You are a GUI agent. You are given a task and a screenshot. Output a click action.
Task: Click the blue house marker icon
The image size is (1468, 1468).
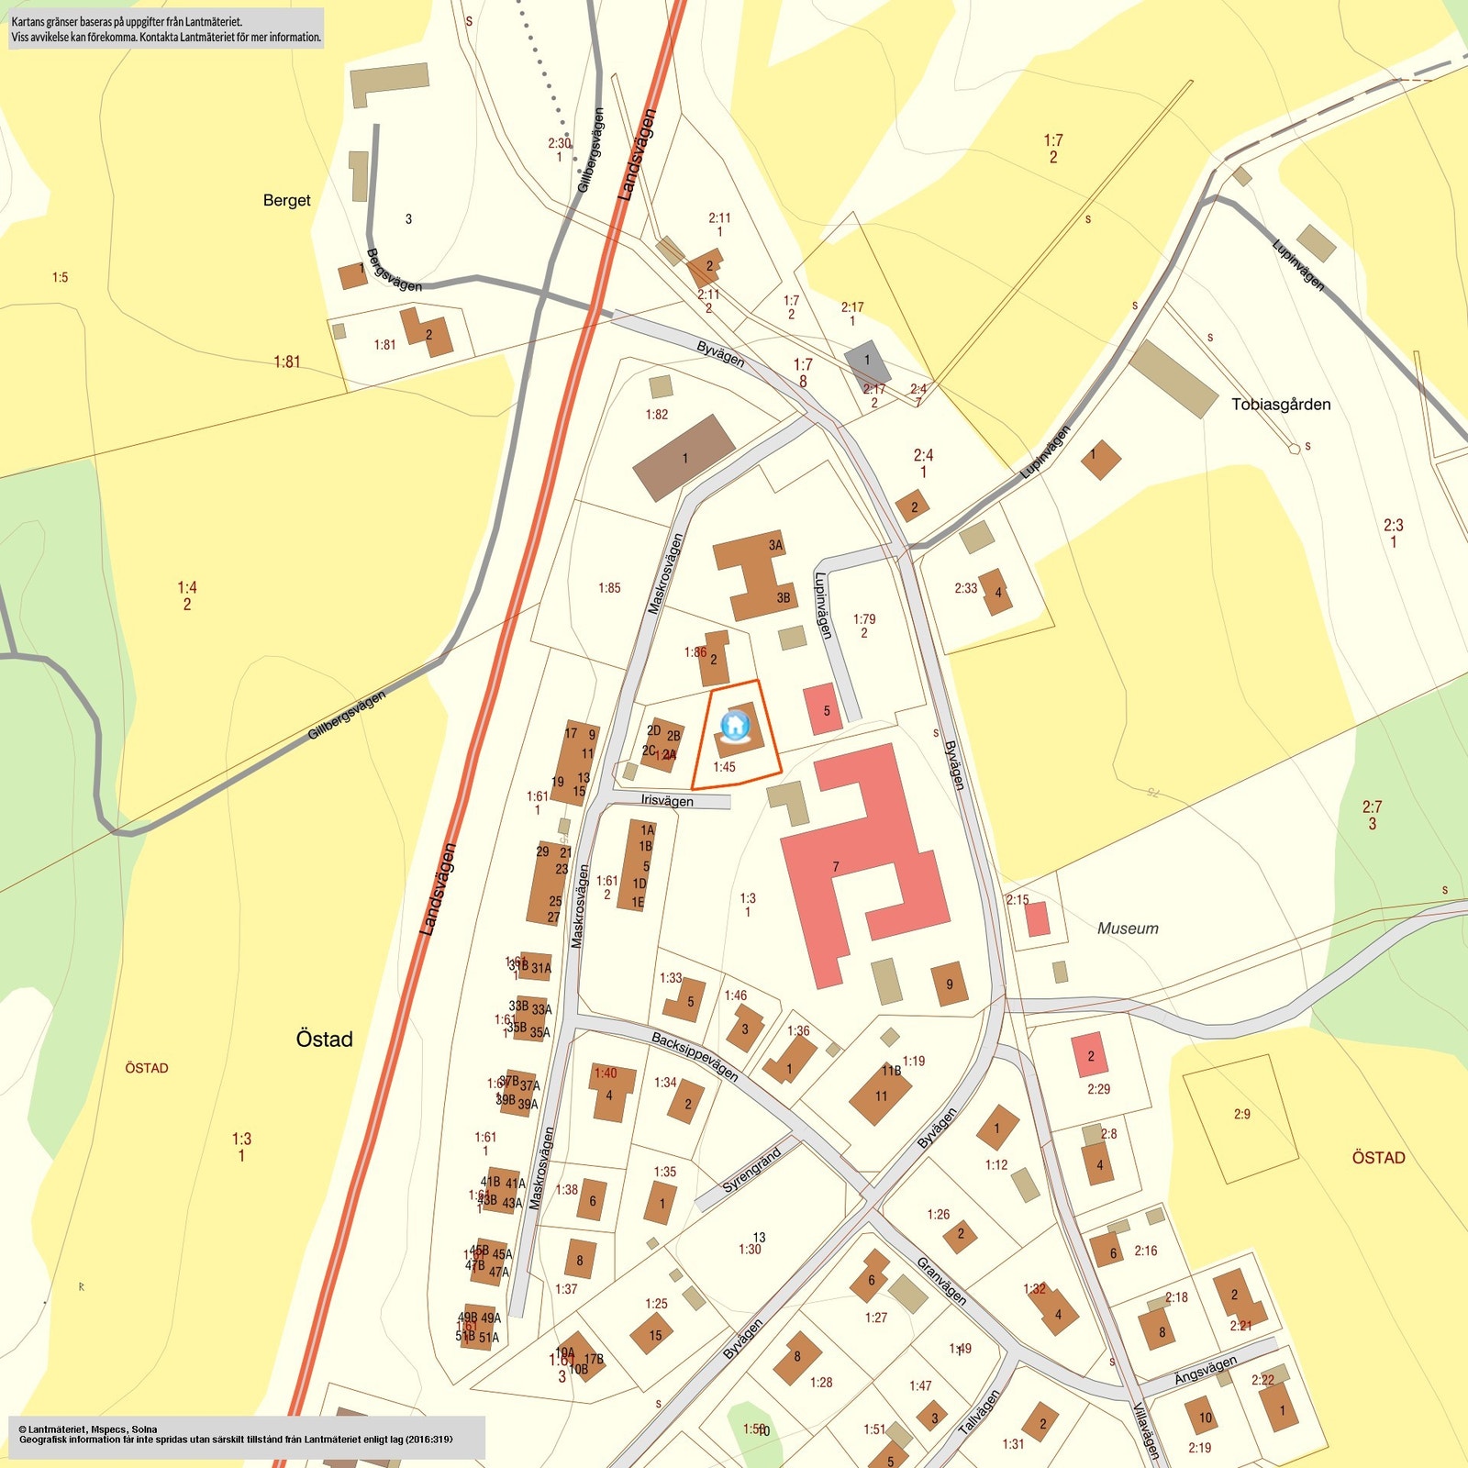[x=735, y=726]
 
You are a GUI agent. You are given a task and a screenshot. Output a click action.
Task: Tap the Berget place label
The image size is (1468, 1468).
[x=286, y=200]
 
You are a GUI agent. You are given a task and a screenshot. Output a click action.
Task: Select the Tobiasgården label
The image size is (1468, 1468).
[x=1280, y=405]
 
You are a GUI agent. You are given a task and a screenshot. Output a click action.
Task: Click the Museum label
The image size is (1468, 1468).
[x=1128, y=929]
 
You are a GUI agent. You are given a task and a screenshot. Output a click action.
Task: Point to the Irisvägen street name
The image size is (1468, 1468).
[x=667, y=801]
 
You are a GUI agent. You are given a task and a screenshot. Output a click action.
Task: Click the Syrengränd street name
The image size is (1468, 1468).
[x=751, y=1170]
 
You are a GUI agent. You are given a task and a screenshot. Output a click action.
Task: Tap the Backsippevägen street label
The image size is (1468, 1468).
[x=695, y=1056]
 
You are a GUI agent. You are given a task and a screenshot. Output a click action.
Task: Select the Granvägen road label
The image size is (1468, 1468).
[x=941, y=1281]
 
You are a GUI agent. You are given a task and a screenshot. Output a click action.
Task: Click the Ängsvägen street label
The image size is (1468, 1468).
[x=1205, y=1371]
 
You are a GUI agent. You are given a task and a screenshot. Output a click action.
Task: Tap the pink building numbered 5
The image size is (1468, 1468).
[x=823, y=709]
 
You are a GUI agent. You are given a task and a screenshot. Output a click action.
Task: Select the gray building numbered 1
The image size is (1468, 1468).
[x=867, y=361]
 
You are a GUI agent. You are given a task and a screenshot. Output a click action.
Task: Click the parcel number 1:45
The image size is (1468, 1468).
[x=724, y=767]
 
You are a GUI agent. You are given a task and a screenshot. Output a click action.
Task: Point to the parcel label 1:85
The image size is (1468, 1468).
[x=609, y=588]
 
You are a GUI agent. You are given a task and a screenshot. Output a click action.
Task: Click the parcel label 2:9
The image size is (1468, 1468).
[x=1241, y=1114]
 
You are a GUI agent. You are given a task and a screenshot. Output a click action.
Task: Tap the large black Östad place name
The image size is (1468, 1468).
[x=324, y=1039]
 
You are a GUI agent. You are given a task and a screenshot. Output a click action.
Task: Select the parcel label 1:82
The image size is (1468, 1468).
[x=656, y=415]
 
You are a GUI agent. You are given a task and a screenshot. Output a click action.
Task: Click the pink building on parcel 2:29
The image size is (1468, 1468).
[x=1090, y=1055]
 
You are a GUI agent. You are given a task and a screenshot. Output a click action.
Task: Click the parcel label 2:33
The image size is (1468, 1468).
[x=965, y=588]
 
